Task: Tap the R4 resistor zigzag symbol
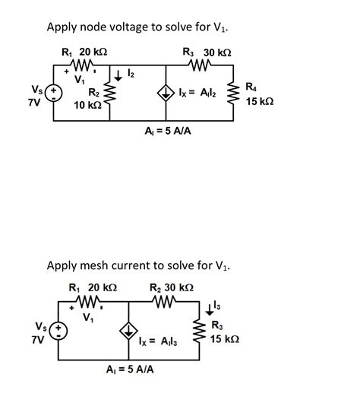tap(232, 94)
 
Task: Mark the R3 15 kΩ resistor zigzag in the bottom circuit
tap(199, 332)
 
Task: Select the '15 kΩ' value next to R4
tap(260, 100)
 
